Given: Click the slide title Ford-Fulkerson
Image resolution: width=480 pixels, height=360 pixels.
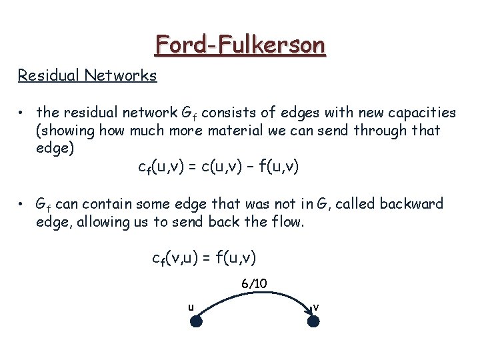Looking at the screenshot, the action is click(x=240, y=45).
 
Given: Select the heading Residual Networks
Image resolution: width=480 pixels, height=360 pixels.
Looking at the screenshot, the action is click(x=87, y=75).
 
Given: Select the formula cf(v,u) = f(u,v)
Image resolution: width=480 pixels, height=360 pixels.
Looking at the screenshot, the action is click(x=205, y=257).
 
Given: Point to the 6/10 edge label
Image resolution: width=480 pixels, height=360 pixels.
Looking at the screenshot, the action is click(x=254, y=284).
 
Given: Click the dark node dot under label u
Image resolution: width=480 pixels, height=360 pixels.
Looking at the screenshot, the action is click(x=197, y=321).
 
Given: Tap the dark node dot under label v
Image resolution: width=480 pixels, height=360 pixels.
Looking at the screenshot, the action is click(x=313, y=321).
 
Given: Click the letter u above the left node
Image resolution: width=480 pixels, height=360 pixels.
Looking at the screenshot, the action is click(x=191, y=307).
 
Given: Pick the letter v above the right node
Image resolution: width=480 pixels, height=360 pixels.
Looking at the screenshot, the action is click(x=316, y=307).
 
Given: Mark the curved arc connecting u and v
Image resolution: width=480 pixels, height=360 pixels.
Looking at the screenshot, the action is click(x=255, y=293).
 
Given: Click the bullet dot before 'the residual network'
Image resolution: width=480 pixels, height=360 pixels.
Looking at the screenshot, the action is click(x=22, y=113).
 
